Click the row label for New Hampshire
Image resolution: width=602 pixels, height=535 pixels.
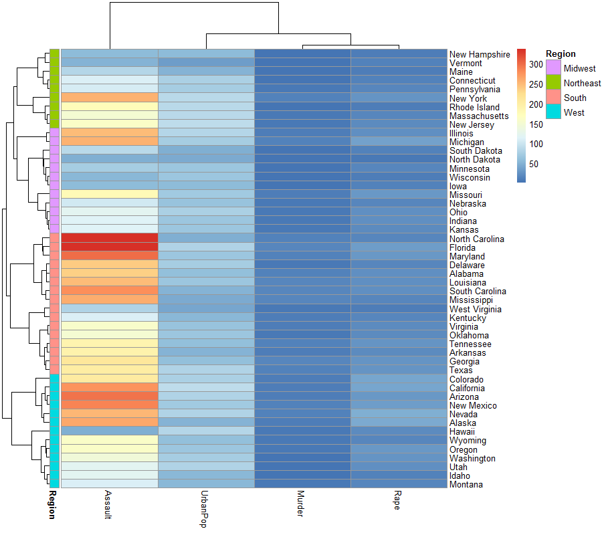480,54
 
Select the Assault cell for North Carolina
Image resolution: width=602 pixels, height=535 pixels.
109,238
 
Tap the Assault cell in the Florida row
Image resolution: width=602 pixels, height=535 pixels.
109,247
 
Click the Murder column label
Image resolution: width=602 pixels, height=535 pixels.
301,502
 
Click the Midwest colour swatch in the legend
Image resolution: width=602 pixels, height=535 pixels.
554,68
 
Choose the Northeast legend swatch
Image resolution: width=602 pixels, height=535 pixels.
554,83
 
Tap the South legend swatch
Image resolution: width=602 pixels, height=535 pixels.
554,98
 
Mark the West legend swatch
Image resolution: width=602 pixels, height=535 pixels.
554,112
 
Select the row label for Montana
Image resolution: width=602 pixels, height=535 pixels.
466,484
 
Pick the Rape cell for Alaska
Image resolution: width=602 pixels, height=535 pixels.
399,422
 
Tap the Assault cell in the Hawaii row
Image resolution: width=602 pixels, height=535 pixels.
109,431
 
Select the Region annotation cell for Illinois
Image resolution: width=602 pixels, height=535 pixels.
55,132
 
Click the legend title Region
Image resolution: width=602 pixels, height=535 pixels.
561,54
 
